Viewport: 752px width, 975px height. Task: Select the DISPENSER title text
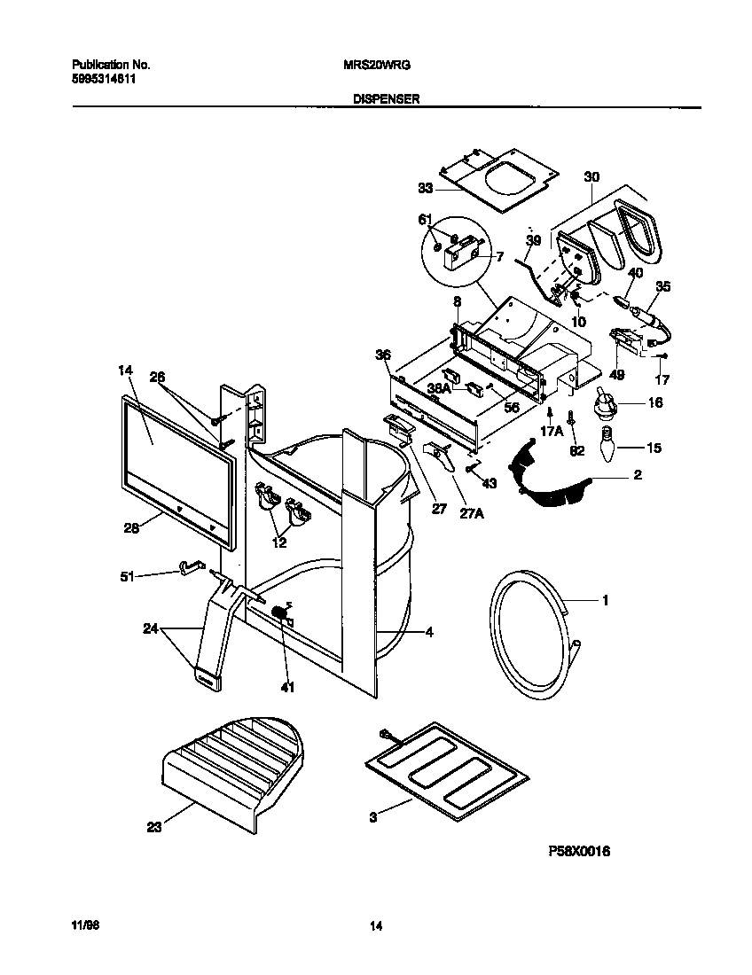pos(376,100)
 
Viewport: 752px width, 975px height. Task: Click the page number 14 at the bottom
pos(376,926)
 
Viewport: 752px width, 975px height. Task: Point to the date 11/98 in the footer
pos(84,925)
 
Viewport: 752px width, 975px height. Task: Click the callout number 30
pos(591,177)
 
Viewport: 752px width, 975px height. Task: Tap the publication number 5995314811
pos(104,78)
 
